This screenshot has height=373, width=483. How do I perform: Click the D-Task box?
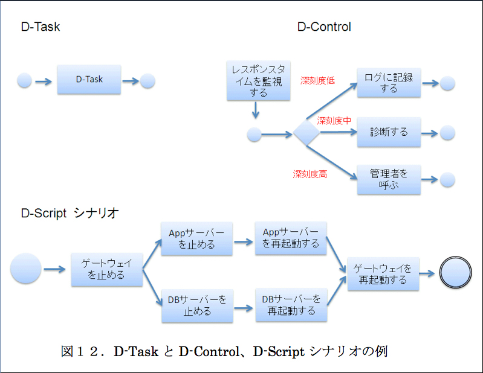point(89,80)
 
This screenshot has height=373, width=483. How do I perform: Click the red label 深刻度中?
point(334,121)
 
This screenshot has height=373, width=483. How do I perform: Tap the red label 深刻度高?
point(310,174)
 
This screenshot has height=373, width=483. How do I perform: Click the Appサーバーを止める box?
point(196,239)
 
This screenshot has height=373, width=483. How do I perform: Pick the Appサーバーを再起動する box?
point(291,238)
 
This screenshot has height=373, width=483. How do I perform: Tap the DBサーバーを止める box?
point(197,305)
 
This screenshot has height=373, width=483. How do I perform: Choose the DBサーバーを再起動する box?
point(291,305)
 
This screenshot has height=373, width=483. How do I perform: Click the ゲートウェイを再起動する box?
point(383,274)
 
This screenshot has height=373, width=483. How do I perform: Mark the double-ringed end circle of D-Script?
point(455,272)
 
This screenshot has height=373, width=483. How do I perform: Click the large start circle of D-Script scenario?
point(26,269)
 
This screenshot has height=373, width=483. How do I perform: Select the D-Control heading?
point(324,27)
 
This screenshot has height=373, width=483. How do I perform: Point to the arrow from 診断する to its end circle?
point(430,132)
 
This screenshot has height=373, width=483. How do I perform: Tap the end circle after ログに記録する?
point(447,83)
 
